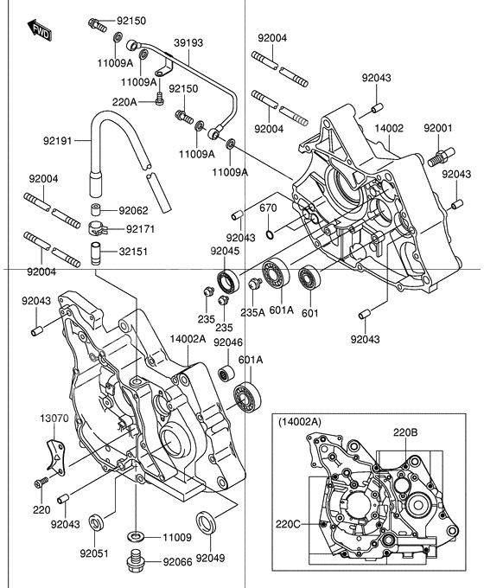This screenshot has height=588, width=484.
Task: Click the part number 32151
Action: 133,252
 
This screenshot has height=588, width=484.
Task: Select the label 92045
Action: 225,251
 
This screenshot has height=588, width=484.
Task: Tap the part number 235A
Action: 252,313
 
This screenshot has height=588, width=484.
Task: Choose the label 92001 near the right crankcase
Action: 438,128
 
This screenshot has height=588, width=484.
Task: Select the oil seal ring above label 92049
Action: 207,523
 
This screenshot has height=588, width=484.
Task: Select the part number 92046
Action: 203,342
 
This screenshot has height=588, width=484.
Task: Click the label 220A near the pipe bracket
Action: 124,102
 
